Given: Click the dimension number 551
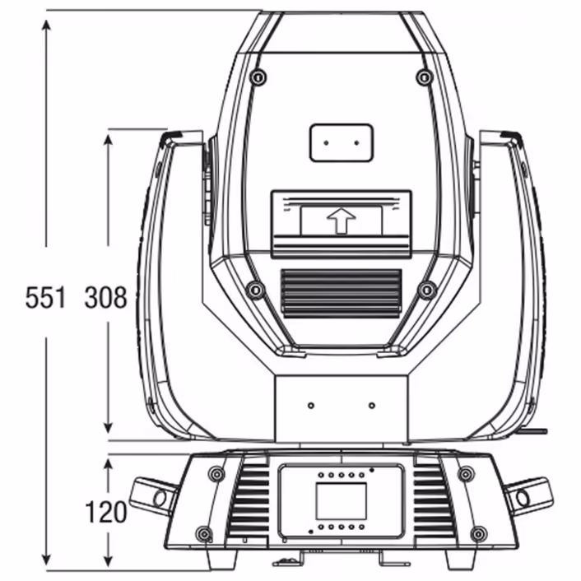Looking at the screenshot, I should [x=45, y=298].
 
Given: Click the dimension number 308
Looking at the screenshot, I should [x=106, y=298].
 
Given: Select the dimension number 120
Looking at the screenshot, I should [x=106, y=512].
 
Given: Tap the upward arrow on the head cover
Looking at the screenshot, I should [x=340, y=221].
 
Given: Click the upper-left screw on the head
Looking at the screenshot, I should [x=258, y=77].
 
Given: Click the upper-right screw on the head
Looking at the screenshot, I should [x=424, y=77].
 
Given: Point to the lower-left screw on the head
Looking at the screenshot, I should [x=255, y=290].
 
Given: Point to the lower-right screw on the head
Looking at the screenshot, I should [x=426, y=290].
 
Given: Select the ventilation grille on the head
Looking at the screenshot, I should [x=341, y=293].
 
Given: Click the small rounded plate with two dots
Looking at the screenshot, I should [x=342, y=142].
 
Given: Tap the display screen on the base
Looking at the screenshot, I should [x=341, y=501].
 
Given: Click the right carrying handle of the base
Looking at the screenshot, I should [x=527, y=495].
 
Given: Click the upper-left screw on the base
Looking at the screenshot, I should [x=216, y=474].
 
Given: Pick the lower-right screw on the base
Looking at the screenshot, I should [x=478, y=534].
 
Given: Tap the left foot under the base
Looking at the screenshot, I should [x=221, y=560].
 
